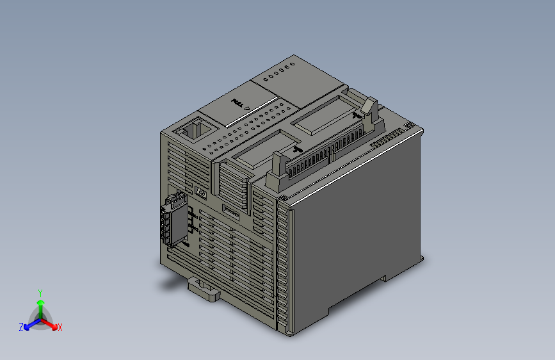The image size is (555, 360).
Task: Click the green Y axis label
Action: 40,292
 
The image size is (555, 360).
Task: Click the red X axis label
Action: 60,328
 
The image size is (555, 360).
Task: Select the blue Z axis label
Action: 21,327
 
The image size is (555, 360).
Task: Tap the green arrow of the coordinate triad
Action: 40,304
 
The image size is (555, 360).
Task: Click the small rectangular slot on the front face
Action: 231,214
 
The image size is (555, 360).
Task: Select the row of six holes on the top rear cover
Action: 279,70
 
